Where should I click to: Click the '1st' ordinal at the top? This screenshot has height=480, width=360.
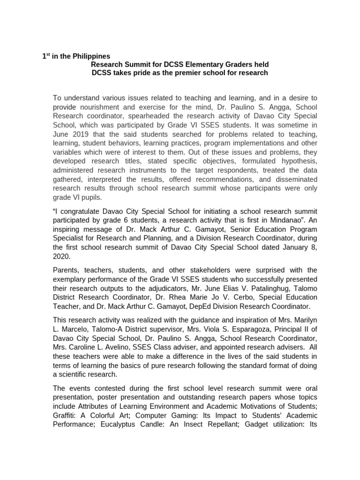point(46,56)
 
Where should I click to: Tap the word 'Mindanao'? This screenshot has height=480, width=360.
point(287,221)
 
